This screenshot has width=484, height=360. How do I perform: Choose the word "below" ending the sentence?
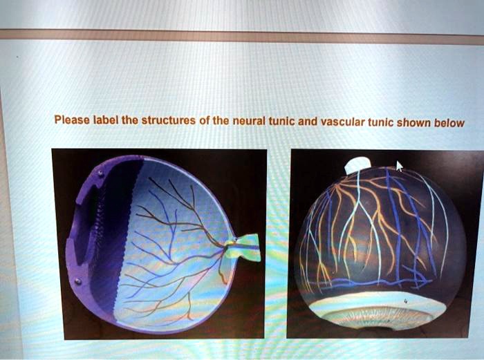point(448,124)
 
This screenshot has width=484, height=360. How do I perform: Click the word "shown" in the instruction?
point(413,124)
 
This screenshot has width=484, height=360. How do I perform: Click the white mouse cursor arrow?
point(399,166)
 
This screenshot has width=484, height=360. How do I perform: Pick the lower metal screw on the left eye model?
point(78,281)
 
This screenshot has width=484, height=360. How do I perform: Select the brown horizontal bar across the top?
point(242,36)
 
